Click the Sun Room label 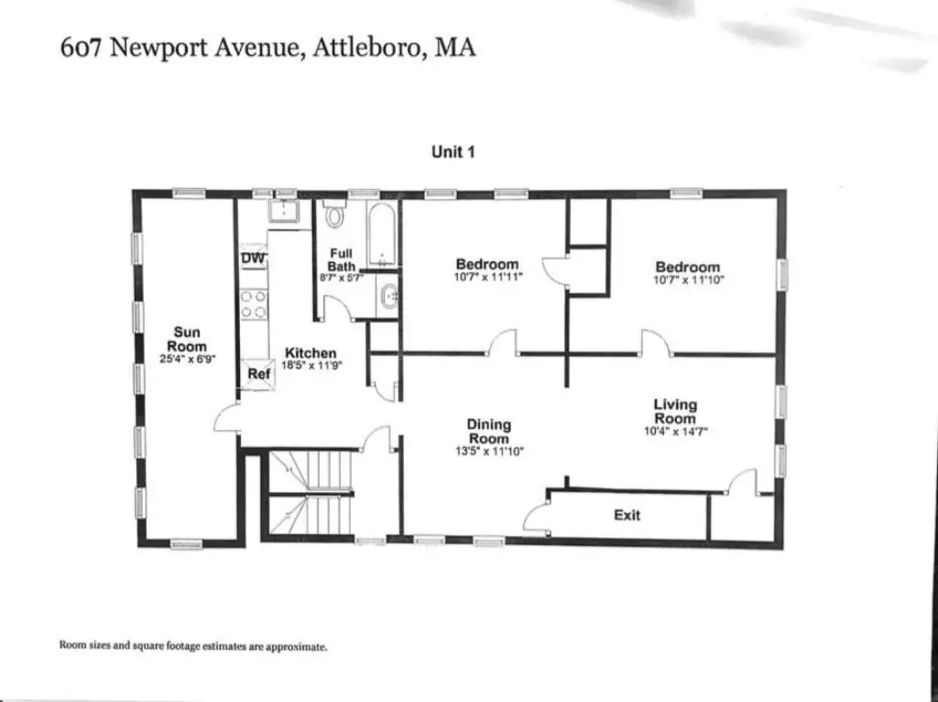click(187, 339)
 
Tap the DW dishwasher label click(253, 258)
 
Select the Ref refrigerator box click(258, 374)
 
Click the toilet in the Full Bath click(334, 214)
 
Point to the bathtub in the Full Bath click(381, 235)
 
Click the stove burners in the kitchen click(254, 304)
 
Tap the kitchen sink click(284, 211)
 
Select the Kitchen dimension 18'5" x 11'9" click(311, 365)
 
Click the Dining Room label click(489, 432)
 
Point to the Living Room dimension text click(676, 431)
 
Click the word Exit click(627, 515)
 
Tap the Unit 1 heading click(453, 152)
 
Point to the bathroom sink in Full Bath click(389, 296)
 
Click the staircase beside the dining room click(310, 493)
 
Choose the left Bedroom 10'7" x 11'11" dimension click(488, 277)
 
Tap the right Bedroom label click(687, 267)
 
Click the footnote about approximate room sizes click(193, 646)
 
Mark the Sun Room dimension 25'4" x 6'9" click(187, 359)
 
